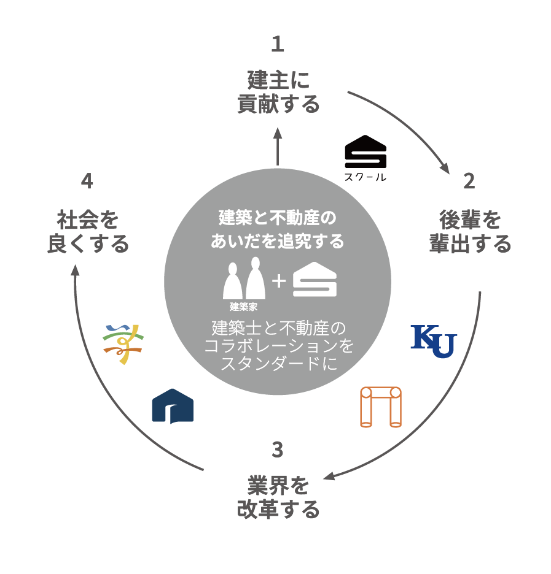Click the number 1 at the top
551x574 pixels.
pyautogui.click(x=278, y=45)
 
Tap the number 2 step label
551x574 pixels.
pyautogui.click(x=469, y=182)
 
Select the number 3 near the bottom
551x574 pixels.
pyautogui.click(x=278, y=450)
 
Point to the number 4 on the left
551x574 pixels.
pyautogui.click(x=87, y=182)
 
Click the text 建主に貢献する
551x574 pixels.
pyautogui.click(x=278, y=92)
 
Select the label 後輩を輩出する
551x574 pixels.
pyautogui.click(x=470, y=232)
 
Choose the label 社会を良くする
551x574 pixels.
pyautogui.click(x=88, y=232)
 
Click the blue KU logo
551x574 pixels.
pyautogui.click(x=433, y=341)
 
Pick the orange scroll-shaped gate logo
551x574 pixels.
pyautogui.click(x=380, y=407)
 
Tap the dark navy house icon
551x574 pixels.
pyautogui.click(x=173, y=406)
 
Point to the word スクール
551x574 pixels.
pyautogui.click(x=365, y=178)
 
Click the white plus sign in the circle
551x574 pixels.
pyautogui.click(x=279, y=281)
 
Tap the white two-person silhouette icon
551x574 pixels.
pyautogui.click(x=244, y=278)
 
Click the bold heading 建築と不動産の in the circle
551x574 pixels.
pyautogui.click(x=278, y=218)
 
